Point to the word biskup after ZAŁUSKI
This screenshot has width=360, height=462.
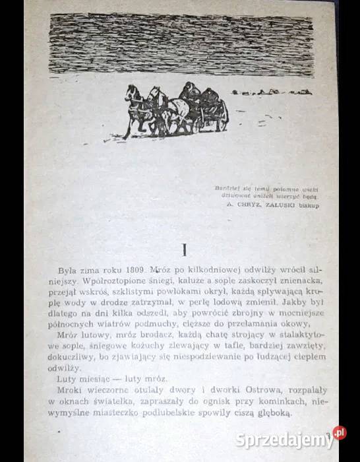(307, 205)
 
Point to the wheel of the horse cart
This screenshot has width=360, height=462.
(220, 119)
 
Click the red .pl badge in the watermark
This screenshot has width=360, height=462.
(338, 433)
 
